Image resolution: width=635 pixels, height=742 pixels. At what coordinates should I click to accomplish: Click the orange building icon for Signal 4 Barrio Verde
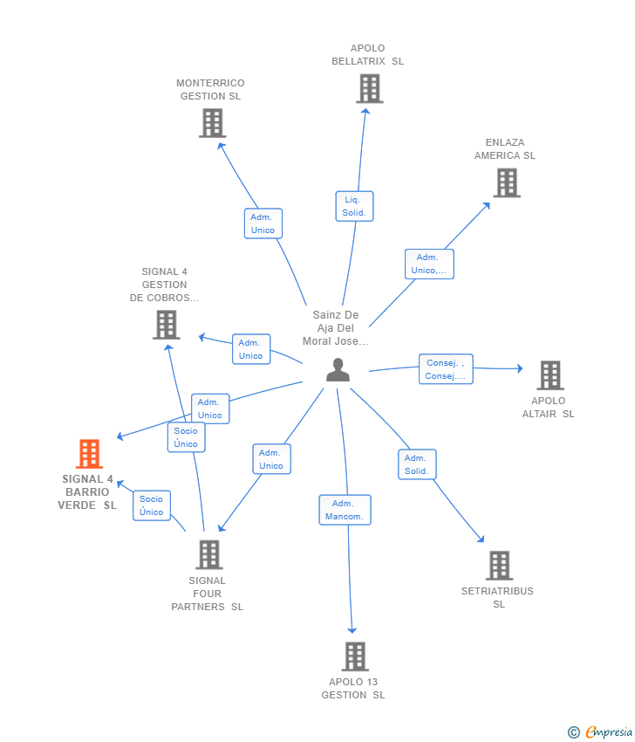(x=89, y=454)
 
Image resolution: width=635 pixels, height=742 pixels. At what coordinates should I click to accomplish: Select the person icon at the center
(x=338, y=370)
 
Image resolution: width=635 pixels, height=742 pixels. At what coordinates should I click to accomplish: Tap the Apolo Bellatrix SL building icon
(x=369, y=88)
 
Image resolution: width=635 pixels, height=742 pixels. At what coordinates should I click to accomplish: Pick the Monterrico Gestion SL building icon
(x=212, y=123)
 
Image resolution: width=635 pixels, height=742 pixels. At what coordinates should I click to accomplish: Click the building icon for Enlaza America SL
(x=507, y=182)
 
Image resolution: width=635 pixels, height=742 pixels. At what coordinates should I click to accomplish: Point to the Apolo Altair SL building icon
(x=550, y=375)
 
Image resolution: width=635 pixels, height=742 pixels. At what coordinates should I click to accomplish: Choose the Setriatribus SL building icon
(x=499, y=566)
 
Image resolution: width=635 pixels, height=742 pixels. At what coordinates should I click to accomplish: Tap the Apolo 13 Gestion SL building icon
(x=354, y=656)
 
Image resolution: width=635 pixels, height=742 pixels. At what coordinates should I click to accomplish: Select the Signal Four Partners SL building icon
(x=208, y=554)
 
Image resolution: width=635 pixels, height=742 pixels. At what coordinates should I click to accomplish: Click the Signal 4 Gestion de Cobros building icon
(x=166, y=325)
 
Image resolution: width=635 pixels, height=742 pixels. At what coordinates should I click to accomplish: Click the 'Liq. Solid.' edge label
(x=354, y=206)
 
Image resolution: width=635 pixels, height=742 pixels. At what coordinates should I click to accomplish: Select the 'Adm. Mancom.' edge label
(x=345, y=510)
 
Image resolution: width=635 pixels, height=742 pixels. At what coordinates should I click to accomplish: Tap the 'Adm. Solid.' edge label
(x=417, y=464)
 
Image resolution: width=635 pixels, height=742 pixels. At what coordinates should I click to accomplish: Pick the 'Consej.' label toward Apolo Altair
(x=446, y=369)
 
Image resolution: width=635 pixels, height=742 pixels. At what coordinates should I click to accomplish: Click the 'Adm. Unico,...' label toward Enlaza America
(x=428, y=264)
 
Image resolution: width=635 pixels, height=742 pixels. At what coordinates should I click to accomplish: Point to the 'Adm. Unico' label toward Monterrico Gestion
(x=263, y=223)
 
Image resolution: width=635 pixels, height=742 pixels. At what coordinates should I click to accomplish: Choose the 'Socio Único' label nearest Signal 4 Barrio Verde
(x=152, y=505)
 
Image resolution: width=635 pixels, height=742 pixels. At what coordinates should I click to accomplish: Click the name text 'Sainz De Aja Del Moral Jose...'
(x=336, y=328)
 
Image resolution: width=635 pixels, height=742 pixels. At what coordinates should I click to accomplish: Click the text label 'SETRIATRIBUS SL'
(x=497, y=597)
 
